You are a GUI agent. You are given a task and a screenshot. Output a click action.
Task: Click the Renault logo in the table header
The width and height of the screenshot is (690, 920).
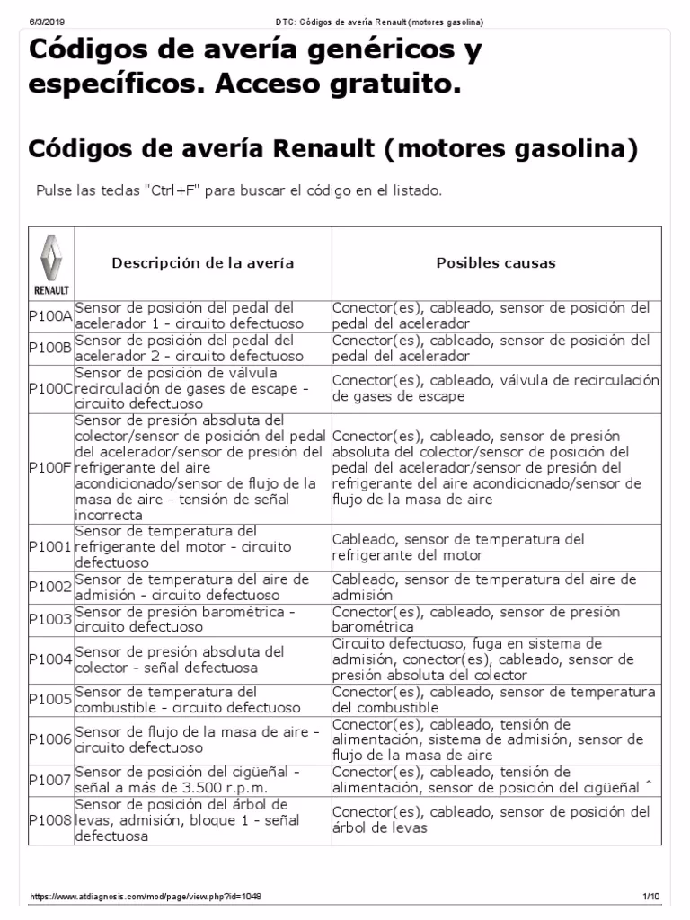pyautogui.click(x=51, y=263)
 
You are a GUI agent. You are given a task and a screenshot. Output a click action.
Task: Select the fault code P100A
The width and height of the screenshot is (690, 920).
pyautogui.click(x=50, y=315)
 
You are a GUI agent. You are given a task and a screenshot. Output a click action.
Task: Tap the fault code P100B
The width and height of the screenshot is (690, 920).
pyautogui.click(x=50, y=349)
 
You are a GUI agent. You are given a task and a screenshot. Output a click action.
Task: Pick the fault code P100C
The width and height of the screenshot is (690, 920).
pyautogui.click(x=50, y=388)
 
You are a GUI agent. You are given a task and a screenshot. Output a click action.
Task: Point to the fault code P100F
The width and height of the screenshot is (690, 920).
pyautogui.click(x=50, y=468)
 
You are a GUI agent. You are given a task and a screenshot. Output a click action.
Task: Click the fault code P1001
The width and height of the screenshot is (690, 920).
pyautogui.click(x=50, y=547)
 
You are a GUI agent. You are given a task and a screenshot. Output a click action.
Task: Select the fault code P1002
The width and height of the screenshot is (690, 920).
pyautogui.click(x=50, y=588)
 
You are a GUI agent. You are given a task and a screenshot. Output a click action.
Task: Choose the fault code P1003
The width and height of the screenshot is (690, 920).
pyautogui.click(x=50, y=619)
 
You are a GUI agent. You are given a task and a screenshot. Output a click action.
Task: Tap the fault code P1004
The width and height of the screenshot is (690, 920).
pyautogui.click(x=50, y=659)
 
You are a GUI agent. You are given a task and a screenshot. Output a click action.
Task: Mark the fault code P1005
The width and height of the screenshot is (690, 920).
pyautogui.click(x=50, y=700)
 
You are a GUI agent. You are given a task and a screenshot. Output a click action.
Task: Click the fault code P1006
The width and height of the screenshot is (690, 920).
pyautogui.click(x=50, y=739)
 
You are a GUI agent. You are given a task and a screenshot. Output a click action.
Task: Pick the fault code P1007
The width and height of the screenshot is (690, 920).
pyautogui.click(x=50, y=780)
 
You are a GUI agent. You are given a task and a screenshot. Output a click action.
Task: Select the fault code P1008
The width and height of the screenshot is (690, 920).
pyautogui.click(x=50, y=819)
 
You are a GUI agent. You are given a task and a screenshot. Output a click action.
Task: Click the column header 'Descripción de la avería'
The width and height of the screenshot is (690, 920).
pyautogui.click(x=202, y=263)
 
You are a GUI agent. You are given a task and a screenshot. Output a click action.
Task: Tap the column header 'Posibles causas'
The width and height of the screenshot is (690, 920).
pyautogui.click(x=495, y=263)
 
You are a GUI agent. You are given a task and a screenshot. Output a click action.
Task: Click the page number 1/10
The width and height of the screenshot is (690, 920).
pyautogui.click(x=650, y=897)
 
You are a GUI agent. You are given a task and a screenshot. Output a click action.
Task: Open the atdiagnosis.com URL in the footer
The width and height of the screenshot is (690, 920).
pyautogui.click(x=146, y=897)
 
